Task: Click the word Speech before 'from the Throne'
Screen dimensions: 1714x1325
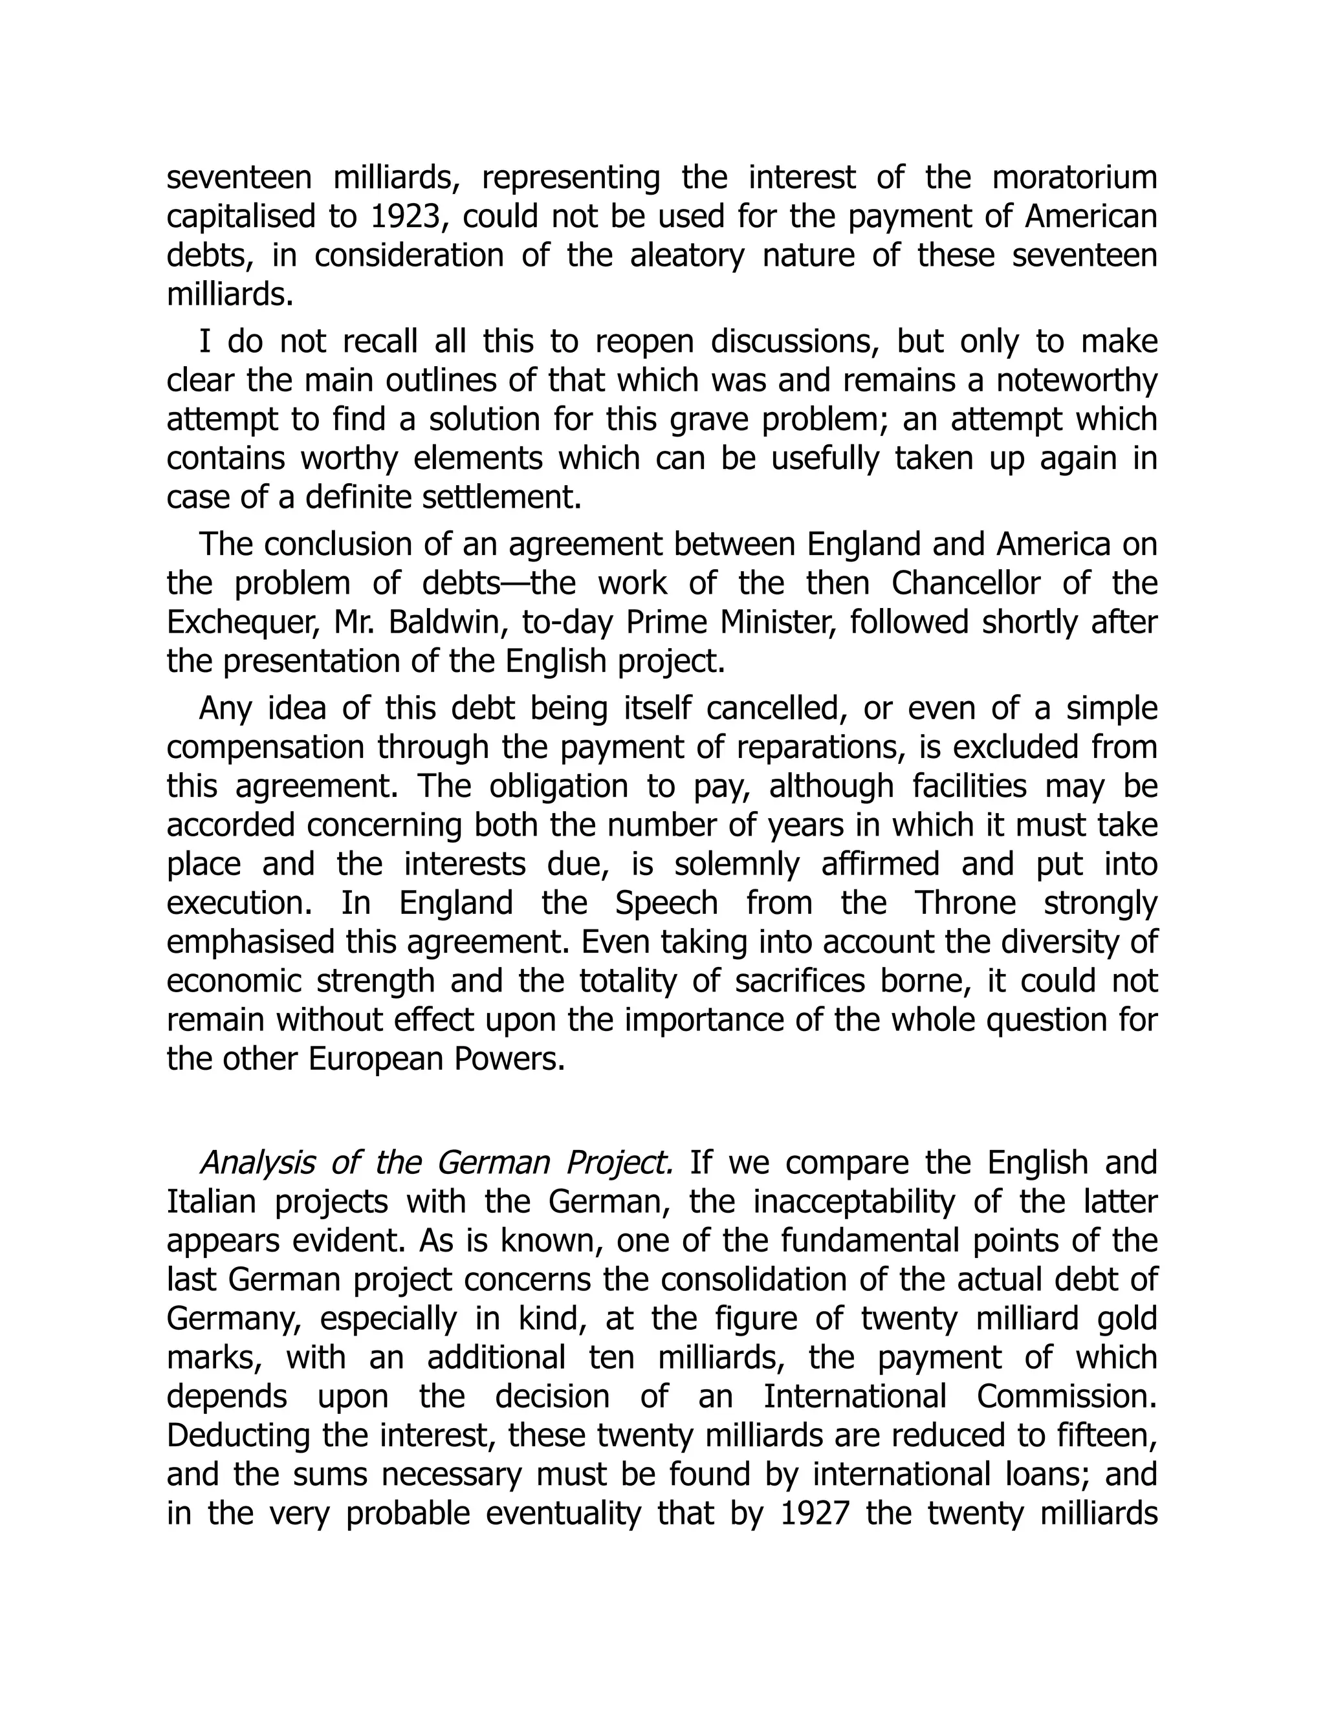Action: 666,904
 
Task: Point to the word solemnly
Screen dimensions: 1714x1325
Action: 732,864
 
